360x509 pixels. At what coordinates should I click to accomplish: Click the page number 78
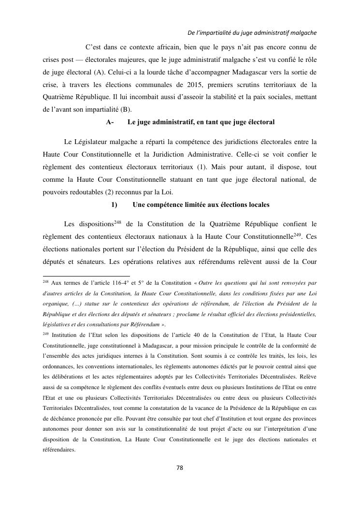(x=179, y=468)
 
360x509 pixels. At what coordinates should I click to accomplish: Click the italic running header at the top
(x=251, y=33)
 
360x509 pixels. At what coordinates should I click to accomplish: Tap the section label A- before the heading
(x=110, y=122)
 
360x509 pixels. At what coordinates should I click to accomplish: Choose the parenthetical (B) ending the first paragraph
(x=124, y=109)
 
